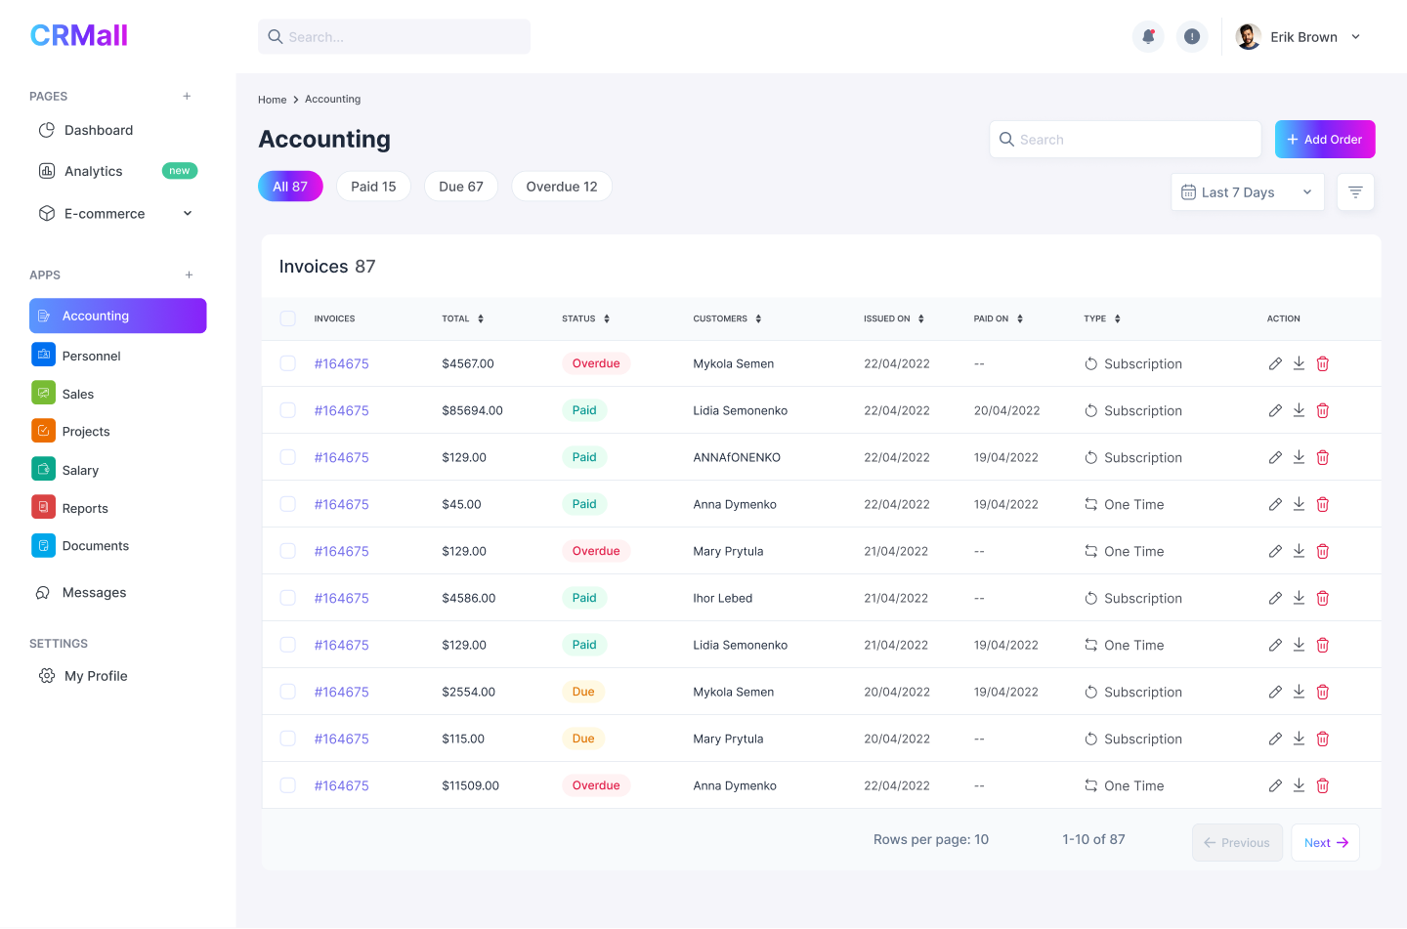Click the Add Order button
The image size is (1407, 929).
[x=1324, y=140]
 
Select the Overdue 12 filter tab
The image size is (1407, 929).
[x=561, y=187]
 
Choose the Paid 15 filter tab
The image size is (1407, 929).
[x=373, y=187]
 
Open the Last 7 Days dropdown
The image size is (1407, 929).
[x=1247, y=192]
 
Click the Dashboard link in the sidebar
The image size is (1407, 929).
[x=98, y=131]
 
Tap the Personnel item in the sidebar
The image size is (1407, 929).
[x=91, y=357]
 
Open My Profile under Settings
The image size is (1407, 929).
[x=96, y=676]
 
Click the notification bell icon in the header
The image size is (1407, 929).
[x=1148, y=37]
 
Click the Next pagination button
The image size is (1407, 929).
[x=1325, y=843]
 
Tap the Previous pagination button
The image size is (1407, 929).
[x=1236, y=843]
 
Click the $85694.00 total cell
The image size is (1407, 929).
[x=472, y=411]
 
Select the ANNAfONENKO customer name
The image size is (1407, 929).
[x=737, y=458]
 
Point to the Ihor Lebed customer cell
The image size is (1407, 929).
[x=722, y=599]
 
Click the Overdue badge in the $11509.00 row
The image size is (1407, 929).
[x=596, y=786]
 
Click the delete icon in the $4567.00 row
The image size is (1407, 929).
[x=1322, y=364]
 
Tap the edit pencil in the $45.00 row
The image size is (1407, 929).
[x=1275, y=505]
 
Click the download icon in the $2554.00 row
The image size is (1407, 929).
[x=1299, y=692]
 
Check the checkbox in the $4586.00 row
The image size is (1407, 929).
[x=287, y=598]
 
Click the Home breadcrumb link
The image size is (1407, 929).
[x=272, y=100]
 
